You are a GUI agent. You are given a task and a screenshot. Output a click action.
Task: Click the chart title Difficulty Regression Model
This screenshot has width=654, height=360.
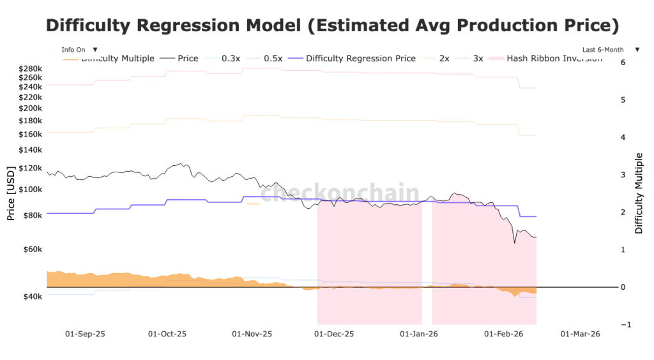(332, 26)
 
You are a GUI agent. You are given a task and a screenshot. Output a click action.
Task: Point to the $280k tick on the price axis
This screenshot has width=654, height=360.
(30, 68)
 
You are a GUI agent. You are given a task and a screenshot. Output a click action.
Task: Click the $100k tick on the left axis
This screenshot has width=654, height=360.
(30, 190)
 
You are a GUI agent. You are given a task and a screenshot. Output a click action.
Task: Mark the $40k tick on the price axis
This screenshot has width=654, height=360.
(32, 297)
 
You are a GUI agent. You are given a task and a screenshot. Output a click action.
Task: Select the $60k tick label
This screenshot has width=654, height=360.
(32, 249)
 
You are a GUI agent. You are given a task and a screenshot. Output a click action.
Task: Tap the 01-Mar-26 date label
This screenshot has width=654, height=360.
(580, 334)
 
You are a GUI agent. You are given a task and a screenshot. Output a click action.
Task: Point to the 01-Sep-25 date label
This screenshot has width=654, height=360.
(85, 334)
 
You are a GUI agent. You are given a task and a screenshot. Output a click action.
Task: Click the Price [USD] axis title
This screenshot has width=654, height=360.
(10, 193)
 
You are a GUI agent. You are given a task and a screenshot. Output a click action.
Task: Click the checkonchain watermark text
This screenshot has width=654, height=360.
(340, 193)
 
